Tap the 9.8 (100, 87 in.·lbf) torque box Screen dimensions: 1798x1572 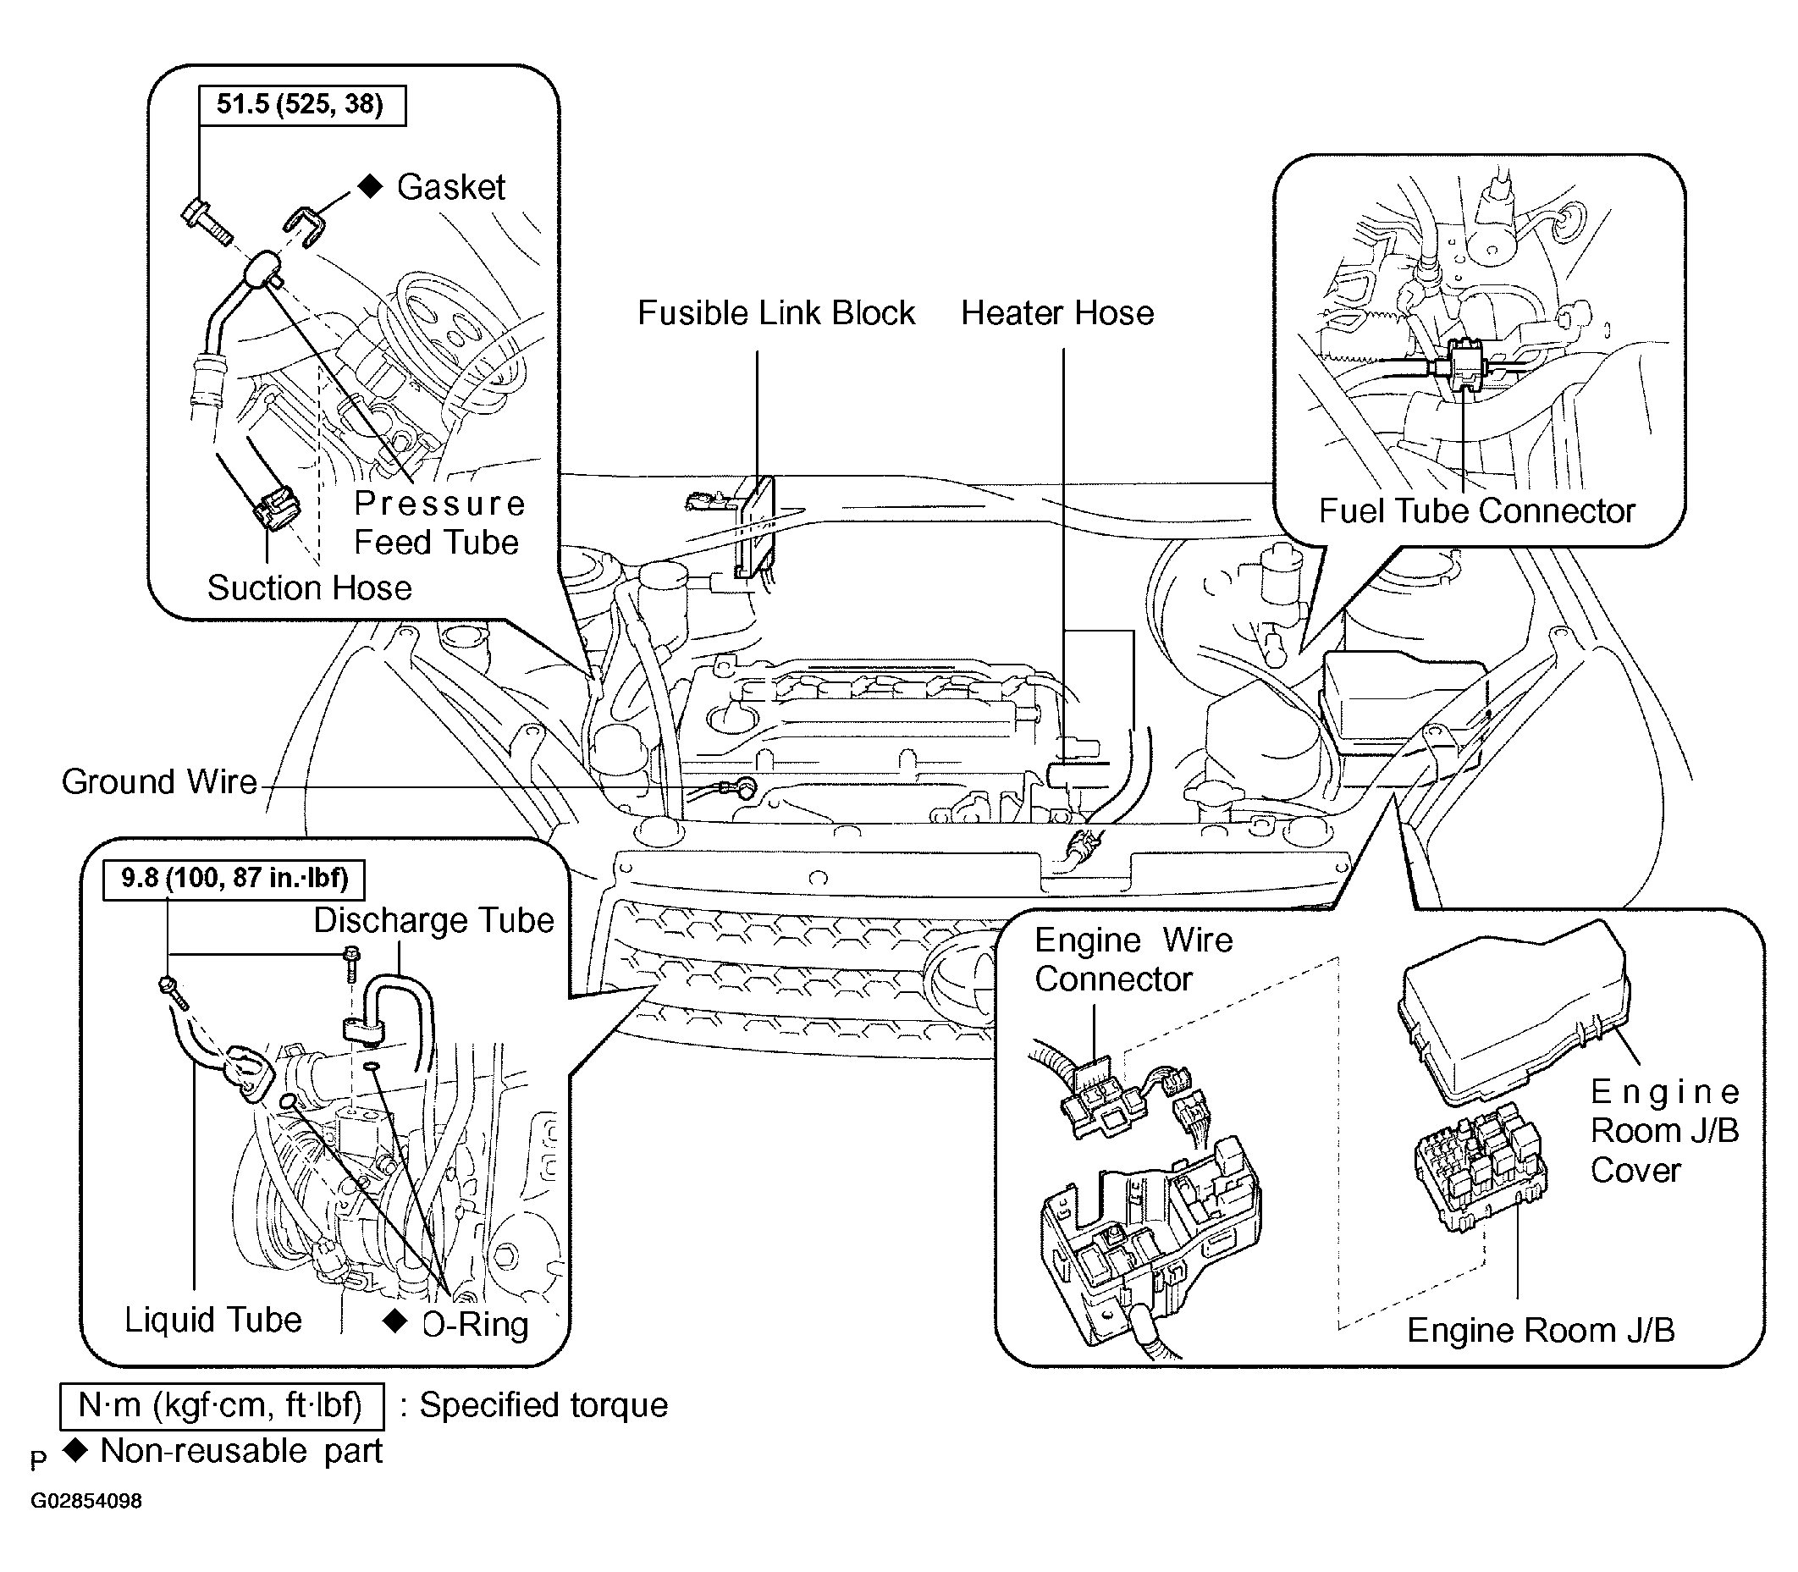[x=234, y=879]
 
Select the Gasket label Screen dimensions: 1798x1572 [x=451, y=187]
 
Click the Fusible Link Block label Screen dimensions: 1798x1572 [x=776, y=313]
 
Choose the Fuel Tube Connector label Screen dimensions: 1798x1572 [x=1477, y=510]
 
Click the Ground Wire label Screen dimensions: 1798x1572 [x=159, y=781]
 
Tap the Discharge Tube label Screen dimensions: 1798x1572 [x=434, y=920]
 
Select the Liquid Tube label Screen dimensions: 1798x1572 [x=213, y=1320]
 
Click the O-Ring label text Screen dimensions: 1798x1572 [x=476, y=1325]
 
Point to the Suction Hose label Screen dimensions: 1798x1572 [x=310, y=587]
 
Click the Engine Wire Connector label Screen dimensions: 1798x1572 [x=1133, y=960]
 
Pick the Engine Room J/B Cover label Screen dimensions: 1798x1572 [x=1665, y=1131]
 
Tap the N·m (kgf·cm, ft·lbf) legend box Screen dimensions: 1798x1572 [x=222, y=1405]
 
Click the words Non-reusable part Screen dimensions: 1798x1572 [x=242, y=1451]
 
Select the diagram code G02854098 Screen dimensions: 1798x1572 [x=86, y=1501]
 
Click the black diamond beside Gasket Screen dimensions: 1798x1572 [x=371, y=186]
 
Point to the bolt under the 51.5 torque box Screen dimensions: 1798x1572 [x=205, y=222]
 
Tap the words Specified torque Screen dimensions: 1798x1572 [x=543, y=1405]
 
